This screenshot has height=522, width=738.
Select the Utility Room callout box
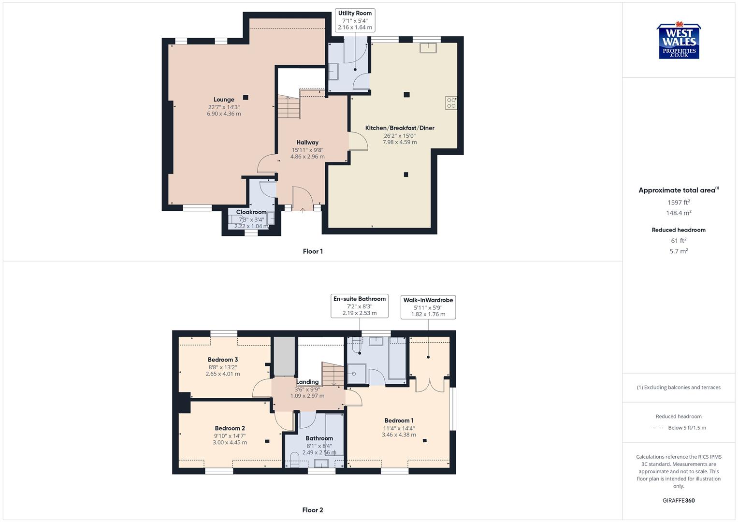[355, 20]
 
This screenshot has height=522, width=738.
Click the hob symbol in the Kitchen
[451, 103]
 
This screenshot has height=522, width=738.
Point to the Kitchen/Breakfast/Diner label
[400, 128]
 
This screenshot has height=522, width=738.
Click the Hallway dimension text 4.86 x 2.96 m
[307, 157]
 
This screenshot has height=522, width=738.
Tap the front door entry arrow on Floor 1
[303, 210]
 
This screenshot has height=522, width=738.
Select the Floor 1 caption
[313, 251]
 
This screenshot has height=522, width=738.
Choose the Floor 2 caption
[313, 510]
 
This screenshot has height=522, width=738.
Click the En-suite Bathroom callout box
[360, 306]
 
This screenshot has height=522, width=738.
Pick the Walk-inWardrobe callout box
[428, 307]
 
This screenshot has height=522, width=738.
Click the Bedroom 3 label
[223, 360]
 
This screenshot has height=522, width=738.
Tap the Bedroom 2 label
[230, 428]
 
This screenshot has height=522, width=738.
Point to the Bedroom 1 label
[399, 420]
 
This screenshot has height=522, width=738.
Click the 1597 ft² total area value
[679, 203]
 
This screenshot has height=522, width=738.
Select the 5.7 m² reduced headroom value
[679, 251]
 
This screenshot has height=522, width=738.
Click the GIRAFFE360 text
[679, 501]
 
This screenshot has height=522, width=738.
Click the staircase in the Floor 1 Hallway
[289, 107]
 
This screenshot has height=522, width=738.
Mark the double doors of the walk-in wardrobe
[430, 384]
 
